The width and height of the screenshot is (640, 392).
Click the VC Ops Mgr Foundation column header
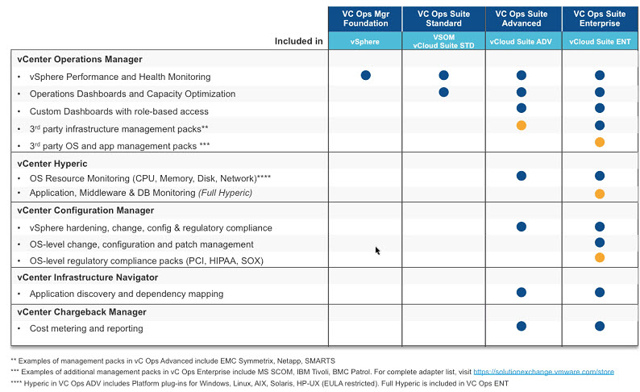[x=365, y=19]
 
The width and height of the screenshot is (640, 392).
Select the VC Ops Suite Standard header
[x=443, y=19]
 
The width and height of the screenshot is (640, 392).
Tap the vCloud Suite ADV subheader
[x=521, y=41]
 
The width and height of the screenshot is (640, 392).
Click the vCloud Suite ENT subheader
[x=600, y=41]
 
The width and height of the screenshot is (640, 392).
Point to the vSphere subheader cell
[x=365, y=41]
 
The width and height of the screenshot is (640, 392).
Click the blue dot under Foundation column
[x=366, y=75]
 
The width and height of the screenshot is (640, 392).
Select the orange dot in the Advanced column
[x=522, y=125]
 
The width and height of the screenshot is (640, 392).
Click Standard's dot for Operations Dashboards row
[x=443, y=92]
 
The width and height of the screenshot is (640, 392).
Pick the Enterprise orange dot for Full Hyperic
[x=600, y=194]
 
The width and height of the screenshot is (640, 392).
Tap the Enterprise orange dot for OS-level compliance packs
[x=600, y=257]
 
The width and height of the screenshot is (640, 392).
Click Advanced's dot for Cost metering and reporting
[x=522, y=326]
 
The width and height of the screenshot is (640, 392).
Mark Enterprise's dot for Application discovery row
[x=600, y=292]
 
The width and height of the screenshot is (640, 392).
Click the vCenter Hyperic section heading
[x=52, y=164]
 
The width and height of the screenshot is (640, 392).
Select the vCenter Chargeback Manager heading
[x=81, y=312]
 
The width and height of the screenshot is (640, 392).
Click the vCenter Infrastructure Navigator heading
[x=87, y=277]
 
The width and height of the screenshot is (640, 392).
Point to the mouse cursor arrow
[x=377, y=250]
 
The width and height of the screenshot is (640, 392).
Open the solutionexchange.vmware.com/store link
[x=543, y=372]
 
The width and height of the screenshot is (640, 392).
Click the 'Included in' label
[x=298, y=41]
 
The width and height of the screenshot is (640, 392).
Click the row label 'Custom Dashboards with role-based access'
[x=118, y=111]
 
